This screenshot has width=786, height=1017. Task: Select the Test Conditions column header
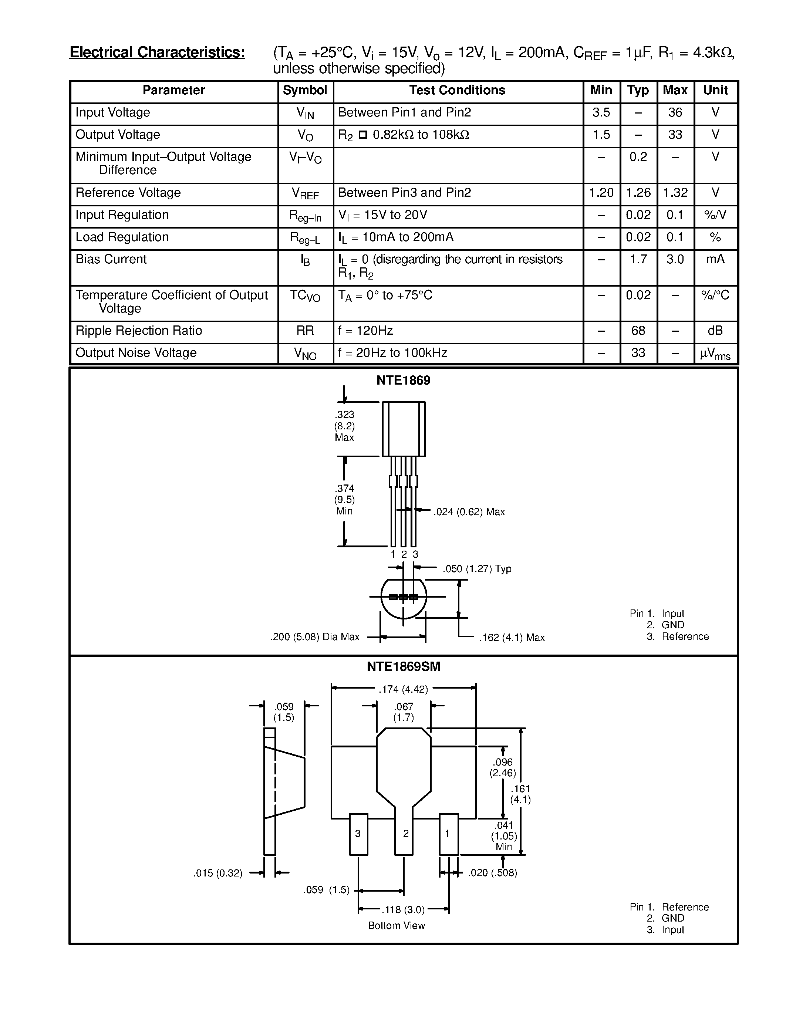tap(457, 90)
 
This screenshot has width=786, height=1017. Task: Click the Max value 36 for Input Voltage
tap(675, 113)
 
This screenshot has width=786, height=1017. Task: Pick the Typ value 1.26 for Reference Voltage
tap(638, 193)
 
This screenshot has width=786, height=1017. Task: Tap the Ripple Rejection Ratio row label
tap(139, 331)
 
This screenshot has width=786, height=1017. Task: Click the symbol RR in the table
tap(305, 331)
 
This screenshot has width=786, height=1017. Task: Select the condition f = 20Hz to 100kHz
tap(392, 353)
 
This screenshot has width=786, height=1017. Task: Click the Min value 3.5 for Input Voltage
tap(601, 113)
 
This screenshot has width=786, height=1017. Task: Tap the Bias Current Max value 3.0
tap(675, 259)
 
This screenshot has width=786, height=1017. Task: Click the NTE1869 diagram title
tap(403, 381)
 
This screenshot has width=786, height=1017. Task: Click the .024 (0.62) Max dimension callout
tap(469, 512)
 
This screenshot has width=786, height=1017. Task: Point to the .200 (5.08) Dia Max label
tap(315, 636)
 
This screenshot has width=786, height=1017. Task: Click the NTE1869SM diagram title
tap(403, 667)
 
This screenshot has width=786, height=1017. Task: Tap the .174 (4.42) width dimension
tap(403, 689)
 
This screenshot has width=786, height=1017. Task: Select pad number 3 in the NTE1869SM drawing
tap(358, 834)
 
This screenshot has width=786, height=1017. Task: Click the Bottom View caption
tap(396, 926)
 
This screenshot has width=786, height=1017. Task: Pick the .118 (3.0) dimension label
tap(403, 909)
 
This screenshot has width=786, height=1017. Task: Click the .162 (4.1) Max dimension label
tap(512, 638)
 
